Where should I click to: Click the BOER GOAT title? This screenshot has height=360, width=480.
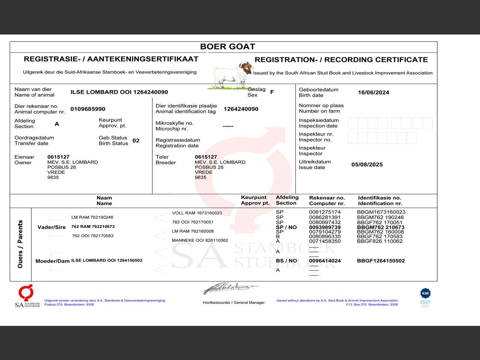pos(227,46)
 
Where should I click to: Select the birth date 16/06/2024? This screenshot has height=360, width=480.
pos(373,92)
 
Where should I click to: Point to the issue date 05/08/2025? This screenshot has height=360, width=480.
pos(367,165)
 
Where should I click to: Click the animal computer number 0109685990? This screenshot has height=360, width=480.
pos(88,109)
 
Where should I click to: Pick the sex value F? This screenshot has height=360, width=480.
pos(272,92)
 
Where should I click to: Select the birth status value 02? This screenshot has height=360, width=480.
pos(136,141)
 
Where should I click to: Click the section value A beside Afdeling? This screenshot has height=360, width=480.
pos(57,124)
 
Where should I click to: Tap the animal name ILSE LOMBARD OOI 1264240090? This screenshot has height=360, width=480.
pos(119,92)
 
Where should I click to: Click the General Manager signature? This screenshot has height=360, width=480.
pos(229,288)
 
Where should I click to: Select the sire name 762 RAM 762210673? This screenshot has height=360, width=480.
pos(93,226)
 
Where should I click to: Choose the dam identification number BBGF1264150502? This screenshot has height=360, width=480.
pos(381,261)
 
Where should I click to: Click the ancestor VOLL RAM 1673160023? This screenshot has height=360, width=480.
pos(197,213)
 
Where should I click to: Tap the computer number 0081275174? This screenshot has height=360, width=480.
pos(325,212)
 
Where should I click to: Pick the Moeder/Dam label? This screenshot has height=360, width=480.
pos(52,261)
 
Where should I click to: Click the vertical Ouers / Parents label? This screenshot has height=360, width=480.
pos(20,244)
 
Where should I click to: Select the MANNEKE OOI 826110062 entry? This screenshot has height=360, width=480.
pos(200,240)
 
